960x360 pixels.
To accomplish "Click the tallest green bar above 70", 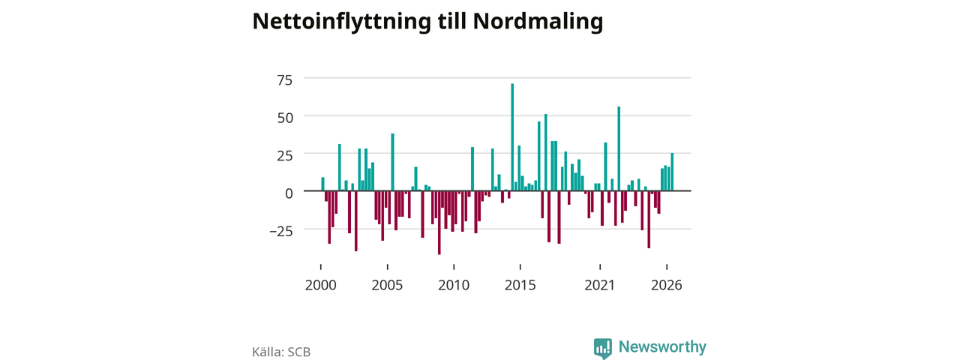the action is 512,137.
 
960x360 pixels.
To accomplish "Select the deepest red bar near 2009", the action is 439,223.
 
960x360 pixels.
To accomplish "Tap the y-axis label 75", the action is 284,80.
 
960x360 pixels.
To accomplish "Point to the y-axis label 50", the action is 285,118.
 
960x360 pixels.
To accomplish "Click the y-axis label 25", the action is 285,155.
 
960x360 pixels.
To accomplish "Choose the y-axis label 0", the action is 289,193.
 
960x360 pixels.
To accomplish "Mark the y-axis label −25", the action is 281,232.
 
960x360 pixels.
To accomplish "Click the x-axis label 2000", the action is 320,286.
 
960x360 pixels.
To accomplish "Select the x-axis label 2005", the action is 387,286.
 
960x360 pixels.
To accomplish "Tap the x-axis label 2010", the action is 454,286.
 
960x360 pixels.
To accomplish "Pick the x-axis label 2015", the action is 520,286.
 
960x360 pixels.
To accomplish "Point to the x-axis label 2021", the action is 600,286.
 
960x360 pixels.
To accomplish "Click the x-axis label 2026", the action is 667,286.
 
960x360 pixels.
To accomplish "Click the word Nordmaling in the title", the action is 538,22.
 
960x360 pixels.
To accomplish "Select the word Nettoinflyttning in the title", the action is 341,22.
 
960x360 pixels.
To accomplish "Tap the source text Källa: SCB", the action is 281,352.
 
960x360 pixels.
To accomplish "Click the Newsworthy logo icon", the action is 602,348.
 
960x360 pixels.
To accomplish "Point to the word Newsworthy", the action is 662,346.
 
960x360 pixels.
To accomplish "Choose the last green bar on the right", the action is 672,172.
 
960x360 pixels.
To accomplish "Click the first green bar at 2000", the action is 322,184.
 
